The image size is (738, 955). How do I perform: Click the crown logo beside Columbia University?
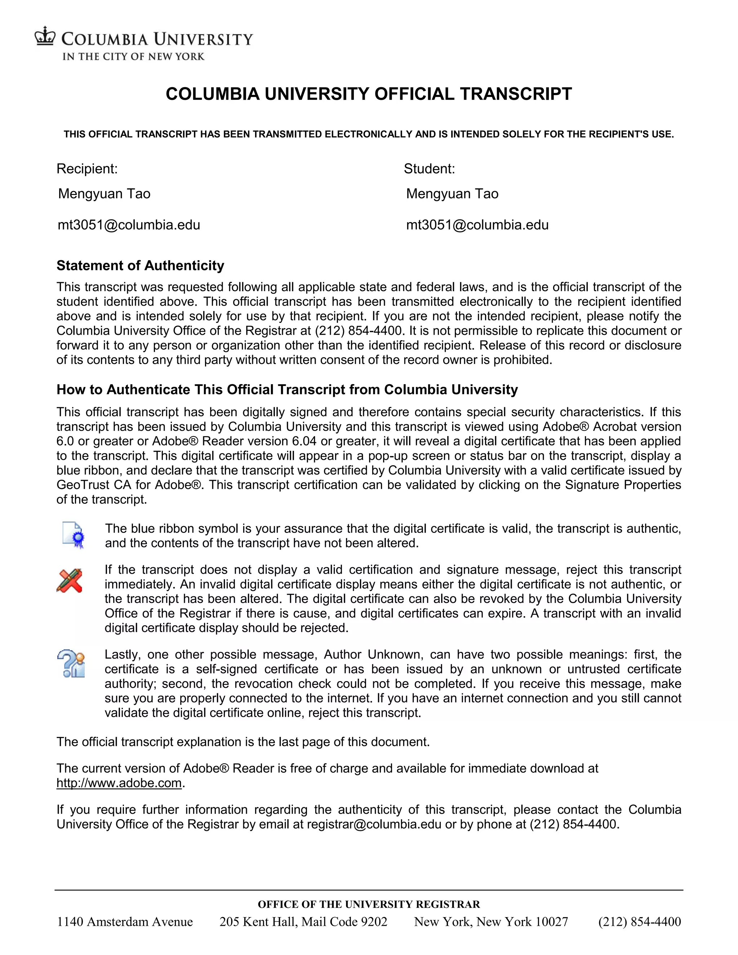tap(45, 36)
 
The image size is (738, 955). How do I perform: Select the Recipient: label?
tap(87, 169)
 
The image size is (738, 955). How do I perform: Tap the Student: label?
tap(429, 169)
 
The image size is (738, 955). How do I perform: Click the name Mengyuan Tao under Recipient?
tap(104, 194)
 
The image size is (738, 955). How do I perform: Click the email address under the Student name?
tap(477, 225)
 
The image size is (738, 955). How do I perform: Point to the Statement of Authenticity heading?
tap(140, 266)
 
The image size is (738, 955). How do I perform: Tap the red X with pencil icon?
tap(70, 581)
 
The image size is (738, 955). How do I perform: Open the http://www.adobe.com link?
tap(119, 783)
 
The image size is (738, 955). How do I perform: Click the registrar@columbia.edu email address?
tap(374, 824)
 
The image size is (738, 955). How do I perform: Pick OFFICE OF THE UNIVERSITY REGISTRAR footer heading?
tap(369, 904)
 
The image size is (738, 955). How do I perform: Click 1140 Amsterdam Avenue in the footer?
tap(125, 922)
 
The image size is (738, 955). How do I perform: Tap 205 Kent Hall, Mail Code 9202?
tap(303, 922)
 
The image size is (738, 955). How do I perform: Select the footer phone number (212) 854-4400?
tap(639, 922)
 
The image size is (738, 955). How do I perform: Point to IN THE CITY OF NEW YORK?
tap(133, 57)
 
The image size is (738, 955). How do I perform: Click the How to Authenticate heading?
tap(287, 390)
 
